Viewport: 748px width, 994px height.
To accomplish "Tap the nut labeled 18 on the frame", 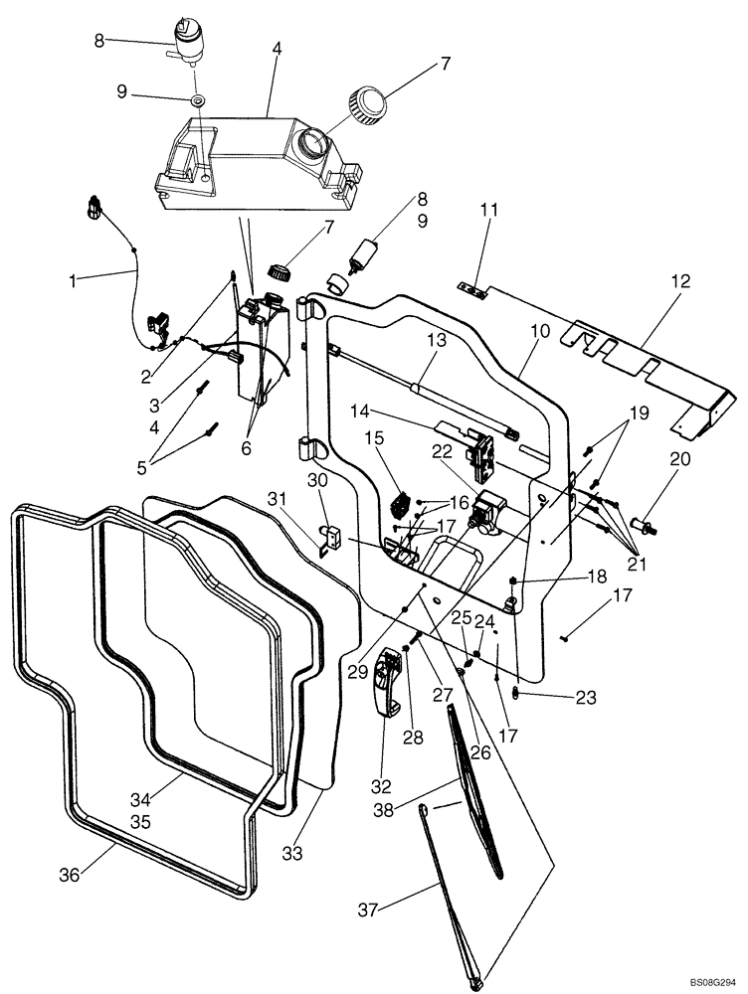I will click(x=510, y=580).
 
